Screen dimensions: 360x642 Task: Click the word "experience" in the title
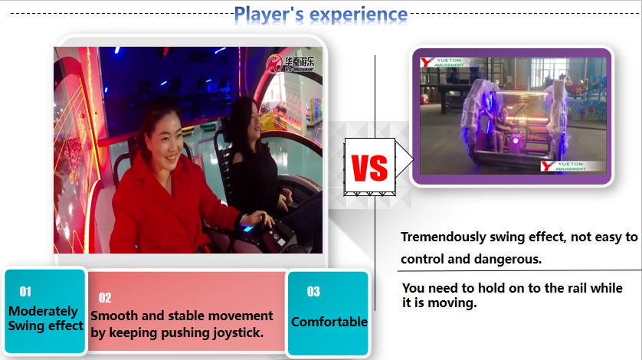pyautogui.click(x=359, y=14)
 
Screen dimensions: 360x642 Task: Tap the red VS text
pyautogui.click(x=369, y=166)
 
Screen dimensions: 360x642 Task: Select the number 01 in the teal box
pyautogui.click(x=25, y=292)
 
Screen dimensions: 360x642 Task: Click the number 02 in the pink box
pyautogui.click(x=105, y=298)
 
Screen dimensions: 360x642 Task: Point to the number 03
pyautogui.click(x=313, y=292)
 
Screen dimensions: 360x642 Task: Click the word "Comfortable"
pyautogui.click(x=329, y=322)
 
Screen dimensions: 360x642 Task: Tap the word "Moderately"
pyautogui.click(x=43, y=311)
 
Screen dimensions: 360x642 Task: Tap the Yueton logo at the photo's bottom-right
pyautogui.click(x=563, y=166)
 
